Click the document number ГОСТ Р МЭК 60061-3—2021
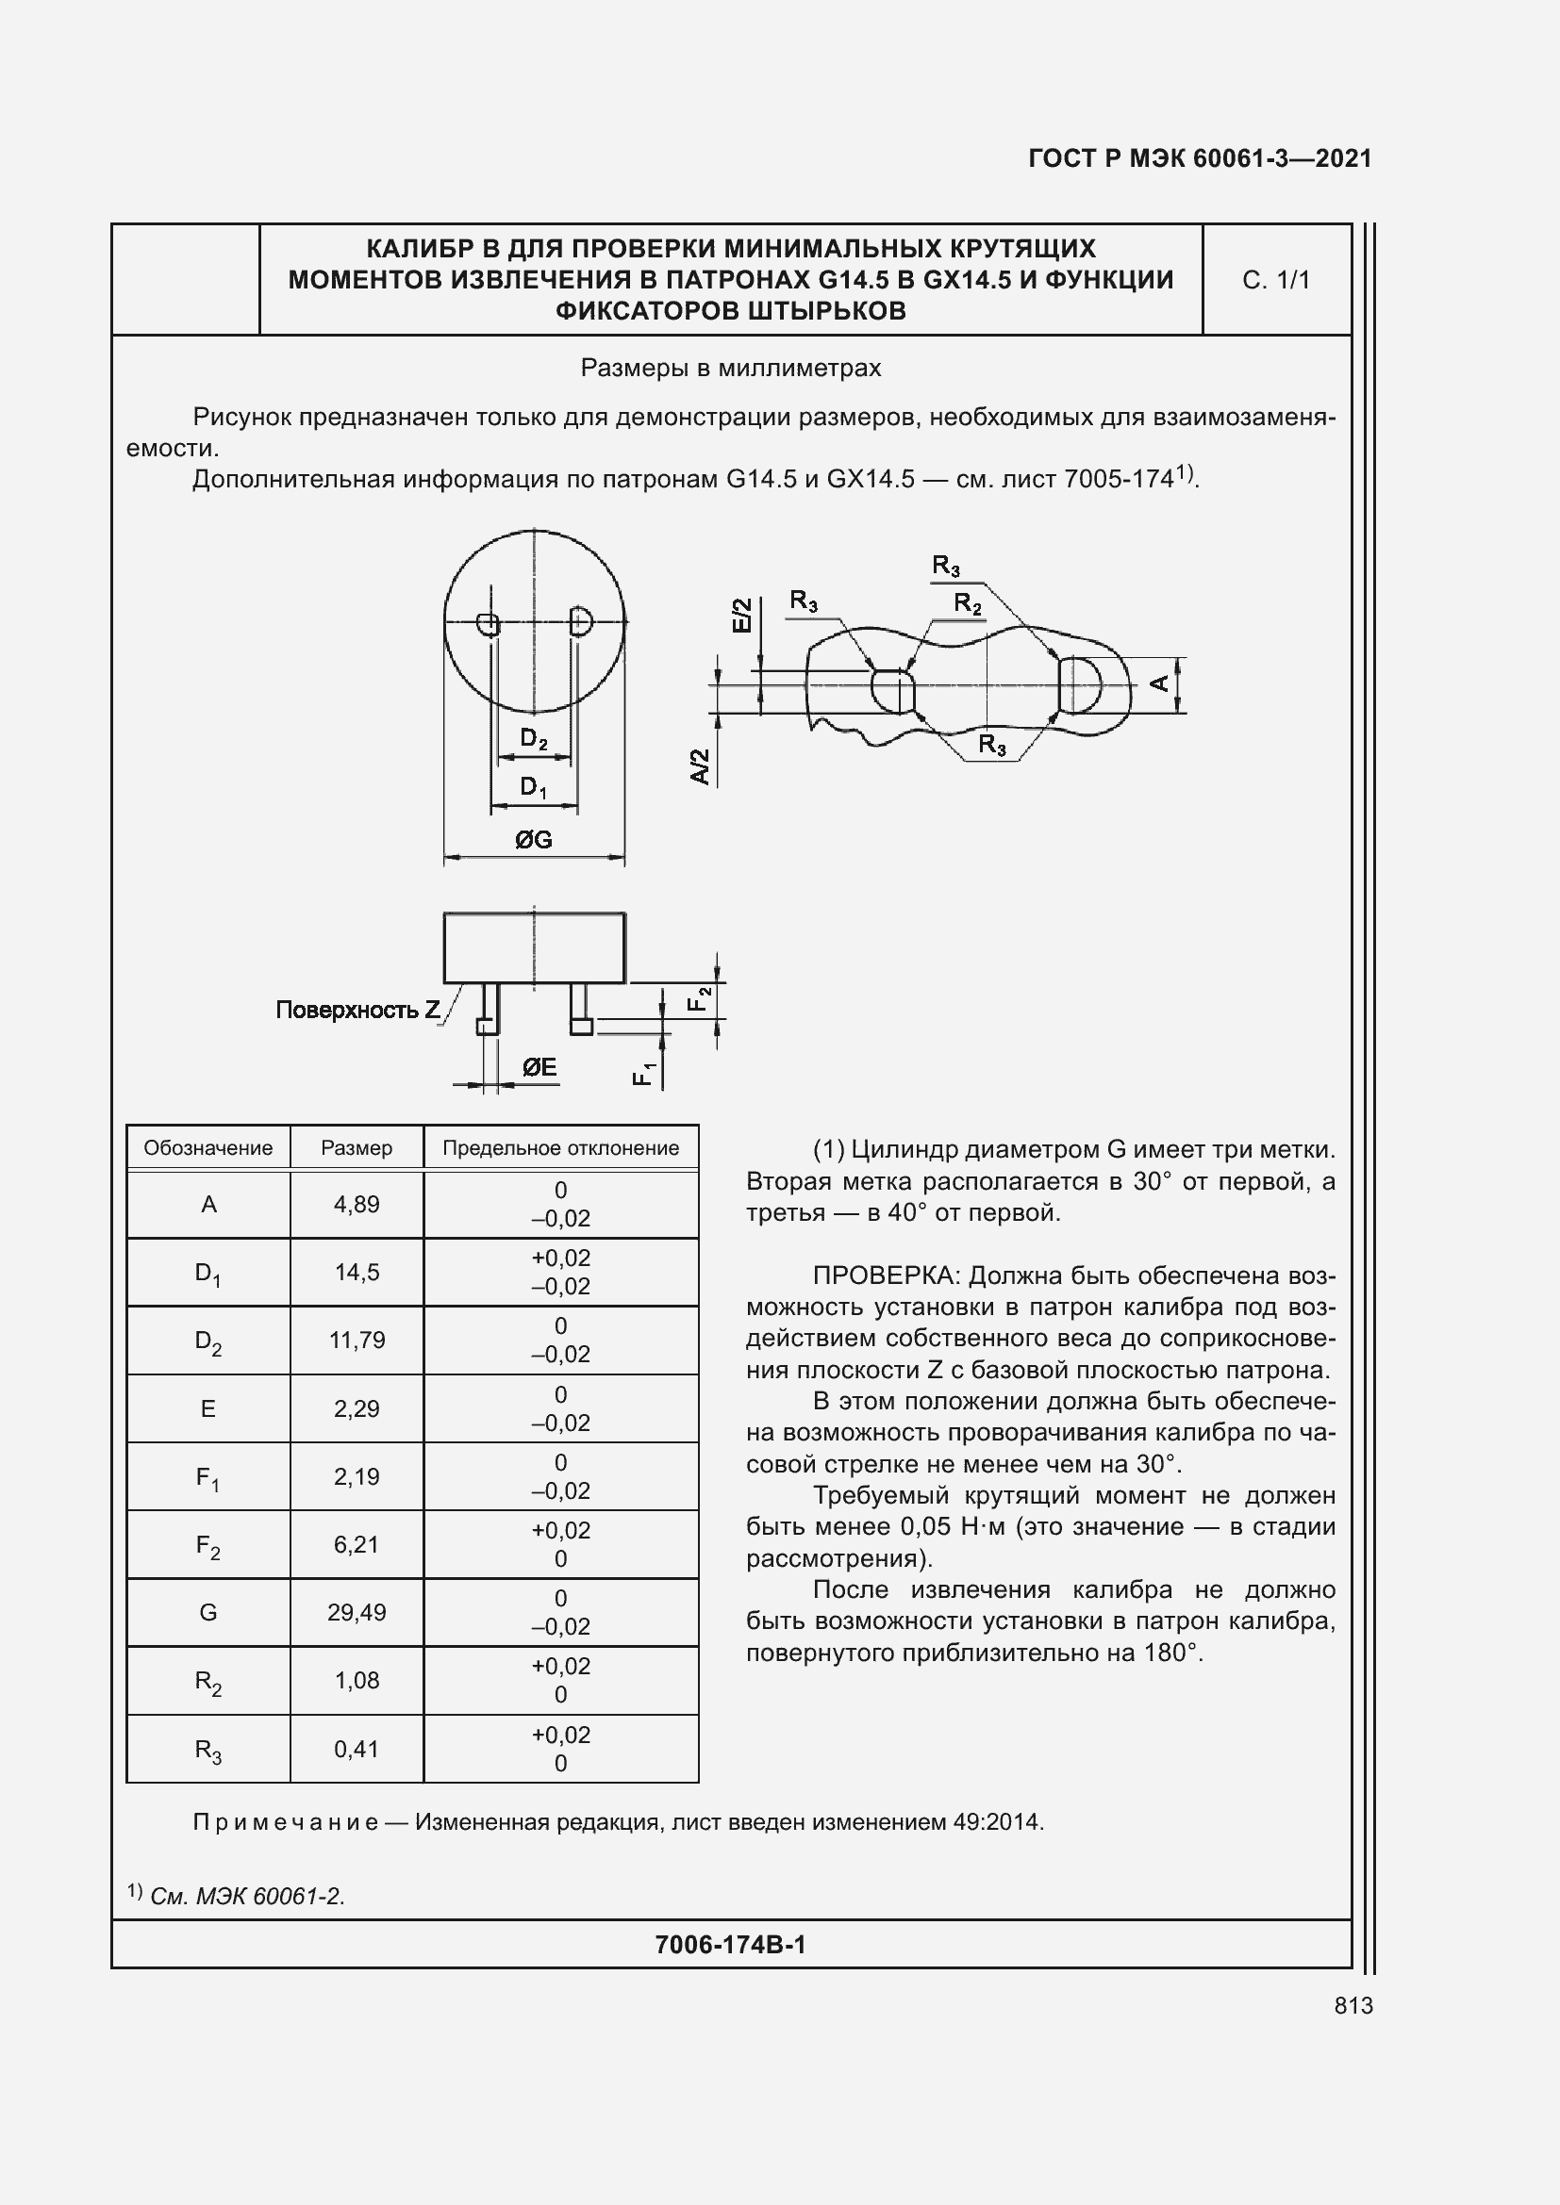pyautogui.click(x=1200, y=158)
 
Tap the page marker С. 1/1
pyautogui.click(x=1276, y=279)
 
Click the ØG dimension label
pyautogui.click(x=533, y=840)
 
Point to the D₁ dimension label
pyautogui.click(x=533, y=787)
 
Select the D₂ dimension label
pyautogui.click(x=533, y=738)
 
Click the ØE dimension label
pyautogui.click(x=539, y=1067)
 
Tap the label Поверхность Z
pyautogui.click(x=357, y=1010)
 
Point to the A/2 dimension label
pyautogui.click(x=701, y=766)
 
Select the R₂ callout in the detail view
pyautogui.click(x=968, y=604)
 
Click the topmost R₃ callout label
pyautogui.click(x=945, y=566)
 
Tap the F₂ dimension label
pyautogui.click(x=699, y=998)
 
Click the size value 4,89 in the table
pyautogui.click(x=357, y=1204)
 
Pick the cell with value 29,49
pyautogui.click(x=357, y=1612)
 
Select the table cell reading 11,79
pyautogui.click(x=357, y=1340)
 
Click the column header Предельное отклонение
pyautogui.click(x=560, y=1147)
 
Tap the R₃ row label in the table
pyautogui.click(x=207, y=1750)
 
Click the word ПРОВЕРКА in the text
pyautogui.click(x=886, y=1275)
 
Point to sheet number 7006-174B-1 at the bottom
pyautogui.click(x=730, y=1945)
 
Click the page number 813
pyautogui.click(x=1353, y=2005)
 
